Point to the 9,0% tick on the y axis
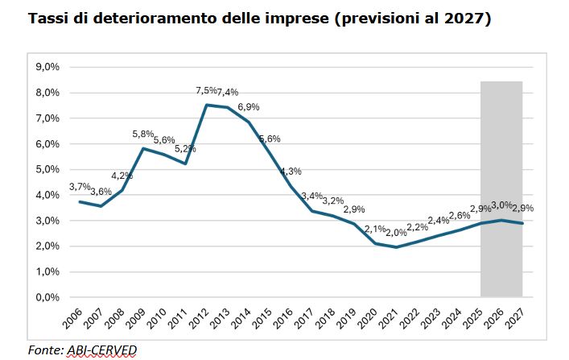[48, 67]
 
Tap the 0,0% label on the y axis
[48, 297]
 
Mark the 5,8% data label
[143, 134]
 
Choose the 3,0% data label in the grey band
[502, 205]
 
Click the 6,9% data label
[249, 107]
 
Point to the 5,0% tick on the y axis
[48, 169]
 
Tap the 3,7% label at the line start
[79, 187]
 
